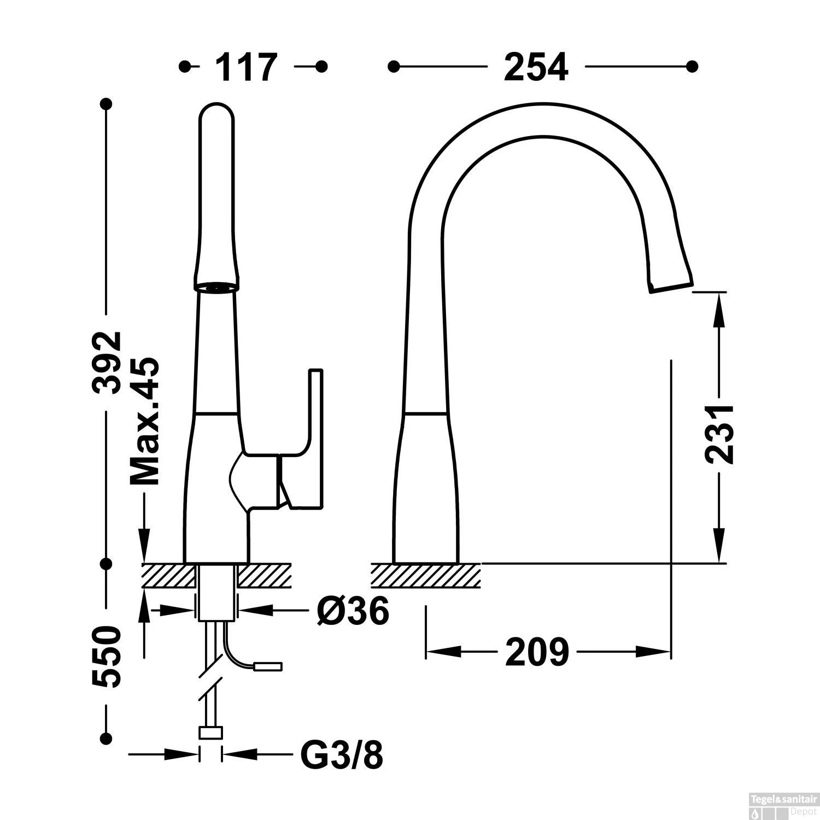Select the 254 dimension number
[536, 67]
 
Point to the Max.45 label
[144, 421]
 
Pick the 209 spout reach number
[537, 652]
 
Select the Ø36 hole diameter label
[353, 611]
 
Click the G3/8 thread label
[342, 755]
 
